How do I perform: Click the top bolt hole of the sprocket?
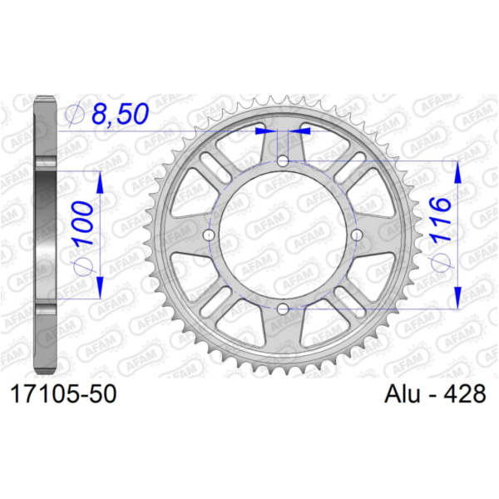point(283,161)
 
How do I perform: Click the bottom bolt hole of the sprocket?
point(283,309)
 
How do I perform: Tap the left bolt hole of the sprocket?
point(209,235)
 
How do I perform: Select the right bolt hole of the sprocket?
point(357,235)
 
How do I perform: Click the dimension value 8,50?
point(121,114)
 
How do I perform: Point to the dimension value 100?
point(83,225)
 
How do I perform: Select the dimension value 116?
point(441,220)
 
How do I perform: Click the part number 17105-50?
point(64,394)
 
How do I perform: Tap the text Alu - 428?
point(435,393)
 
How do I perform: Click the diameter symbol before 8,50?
point(75,114)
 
